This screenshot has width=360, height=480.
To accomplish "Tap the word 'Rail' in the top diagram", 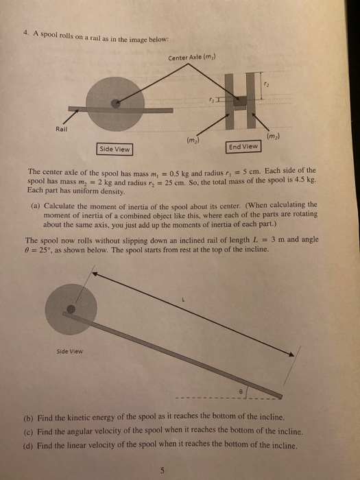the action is [x=63, y=128].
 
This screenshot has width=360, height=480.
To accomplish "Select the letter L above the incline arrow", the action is [x=183, y=300].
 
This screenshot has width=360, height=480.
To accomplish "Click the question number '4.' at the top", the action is [x=25, y=36].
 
